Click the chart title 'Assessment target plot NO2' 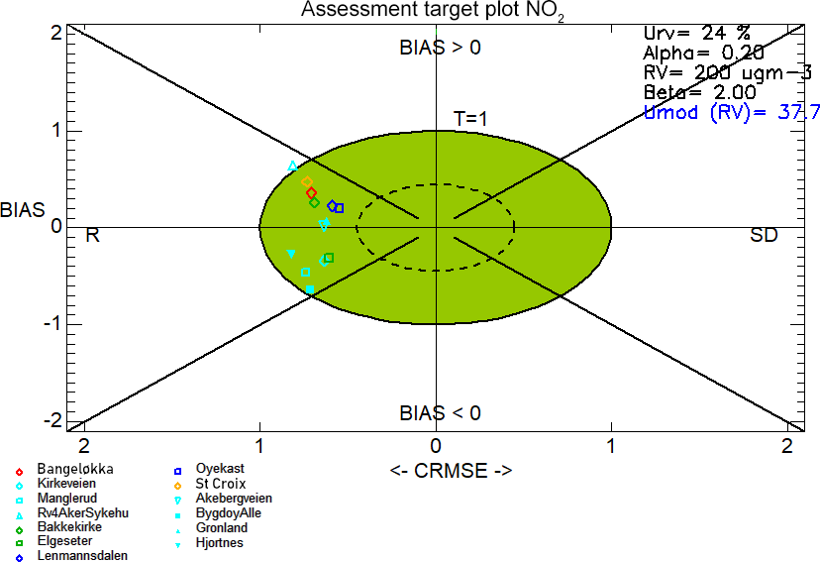(433, 11)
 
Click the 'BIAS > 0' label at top (440, 47)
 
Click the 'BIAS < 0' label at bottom (440, 412)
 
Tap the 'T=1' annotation (471, 118)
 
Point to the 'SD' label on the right (764, 235)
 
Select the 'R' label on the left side (92, 235)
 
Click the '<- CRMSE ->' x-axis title (451, 471)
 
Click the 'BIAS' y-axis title (22, 210)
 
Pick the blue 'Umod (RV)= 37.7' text (731, 112)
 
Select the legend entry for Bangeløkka (75, 468)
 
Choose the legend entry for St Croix (221, 483)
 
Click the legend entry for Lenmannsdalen (81, 556)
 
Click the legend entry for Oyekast (220, 468)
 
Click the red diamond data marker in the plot (311, 192)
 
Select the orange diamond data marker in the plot (306, 181)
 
